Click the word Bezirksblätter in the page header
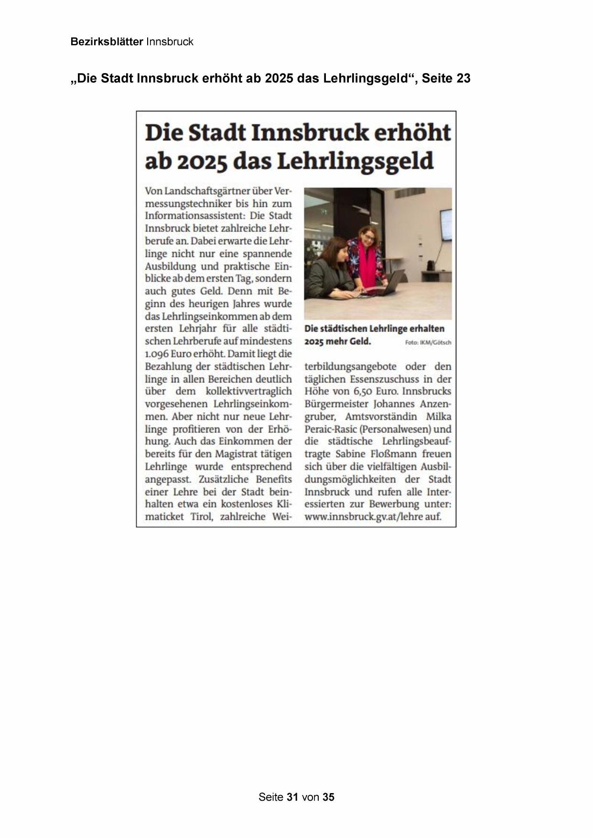coord(107,42)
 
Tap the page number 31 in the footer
coord(292,797)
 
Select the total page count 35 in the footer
coord(328,797)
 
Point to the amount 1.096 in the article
coord(157,355)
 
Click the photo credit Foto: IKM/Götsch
coord(428,343)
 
